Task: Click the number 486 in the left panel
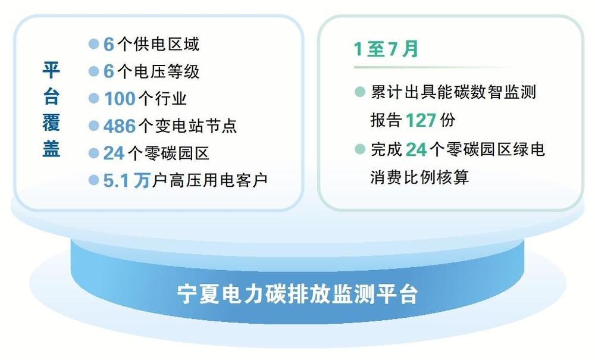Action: point(120,126)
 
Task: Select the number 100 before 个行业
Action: point(120,99)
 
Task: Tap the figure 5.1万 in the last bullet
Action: point(127,180)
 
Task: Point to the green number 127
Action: point(421,120)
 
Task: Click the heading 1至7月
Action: point(386,49)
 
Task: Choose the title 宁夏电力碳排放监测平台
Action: point(298,293)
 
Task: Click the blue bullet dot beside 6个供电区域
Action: point(94,44)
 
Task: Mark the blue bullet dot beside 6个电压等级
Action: point(94,71)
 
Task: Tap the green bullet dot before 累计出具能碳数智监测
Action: point(360,92)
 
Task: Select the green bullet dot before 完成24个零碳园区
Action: point(360,149)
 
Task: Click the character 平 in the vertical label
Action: point(51,70)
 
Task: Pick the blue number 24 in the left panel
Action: point(114,154)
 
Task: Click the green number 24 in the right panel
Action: point(416,149)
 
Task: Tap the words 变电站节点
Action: point(196,126)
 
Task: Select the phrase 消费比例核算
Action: point(419,177)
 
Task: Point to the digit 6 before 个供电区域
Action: point(109,44)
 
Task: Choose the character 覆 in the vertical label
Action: point(51,122)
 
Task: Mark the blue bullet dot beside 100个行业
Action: point(94,99)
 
